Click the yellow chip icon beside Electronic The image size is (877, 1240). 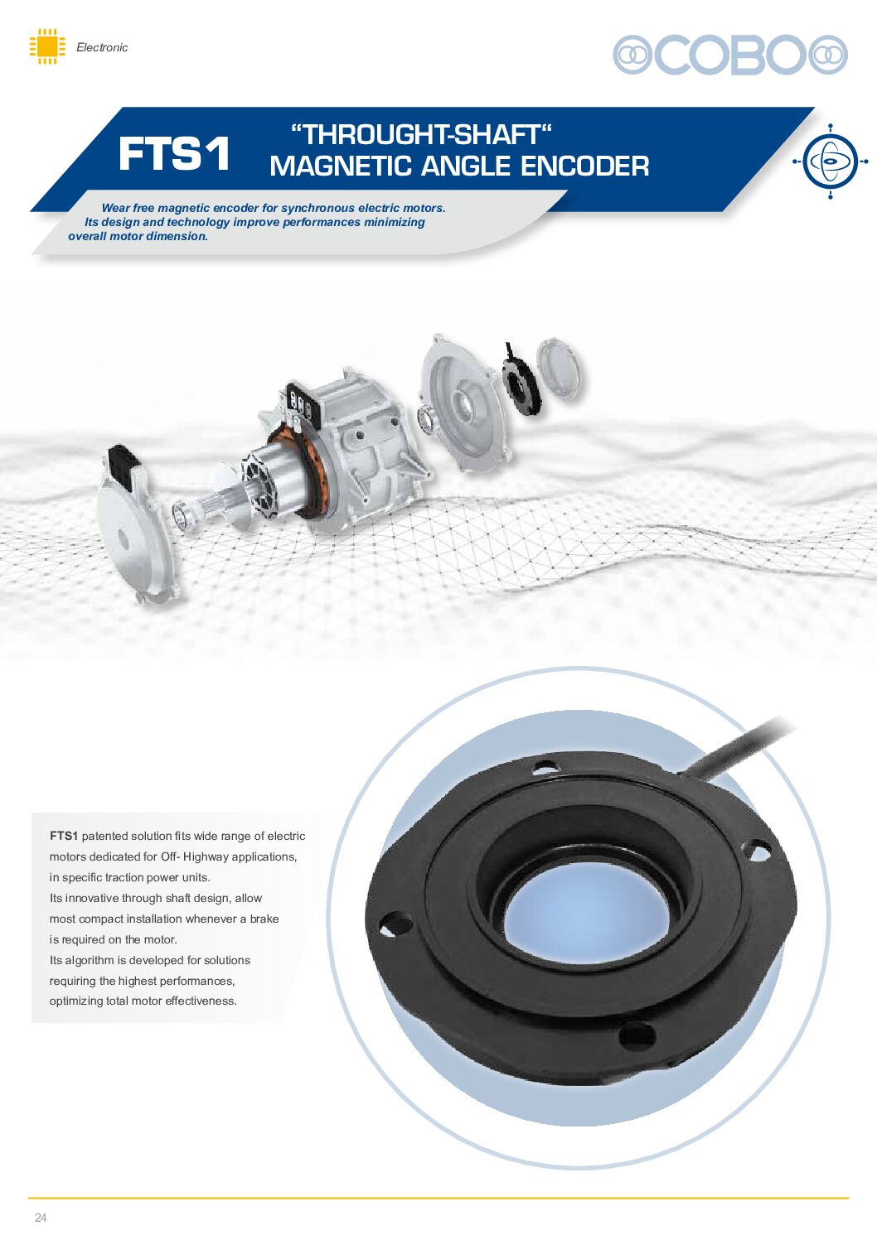click(47, 46)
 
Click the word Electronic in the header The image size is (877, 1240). click(102, 47)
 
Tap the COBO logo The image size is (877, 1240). click(729, 55)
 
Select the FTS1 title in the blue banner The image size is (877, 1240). click(174, 153)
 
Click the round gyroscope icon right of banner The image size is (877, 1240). click(830, 162)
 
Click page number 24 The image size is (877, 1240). click(41, 1218)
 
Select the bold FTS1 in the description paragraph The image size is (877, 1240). click(64, 836)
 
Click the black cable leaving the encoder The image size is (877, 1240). click(737, 747)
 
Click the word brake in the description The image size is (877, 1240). click(264, 919)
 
